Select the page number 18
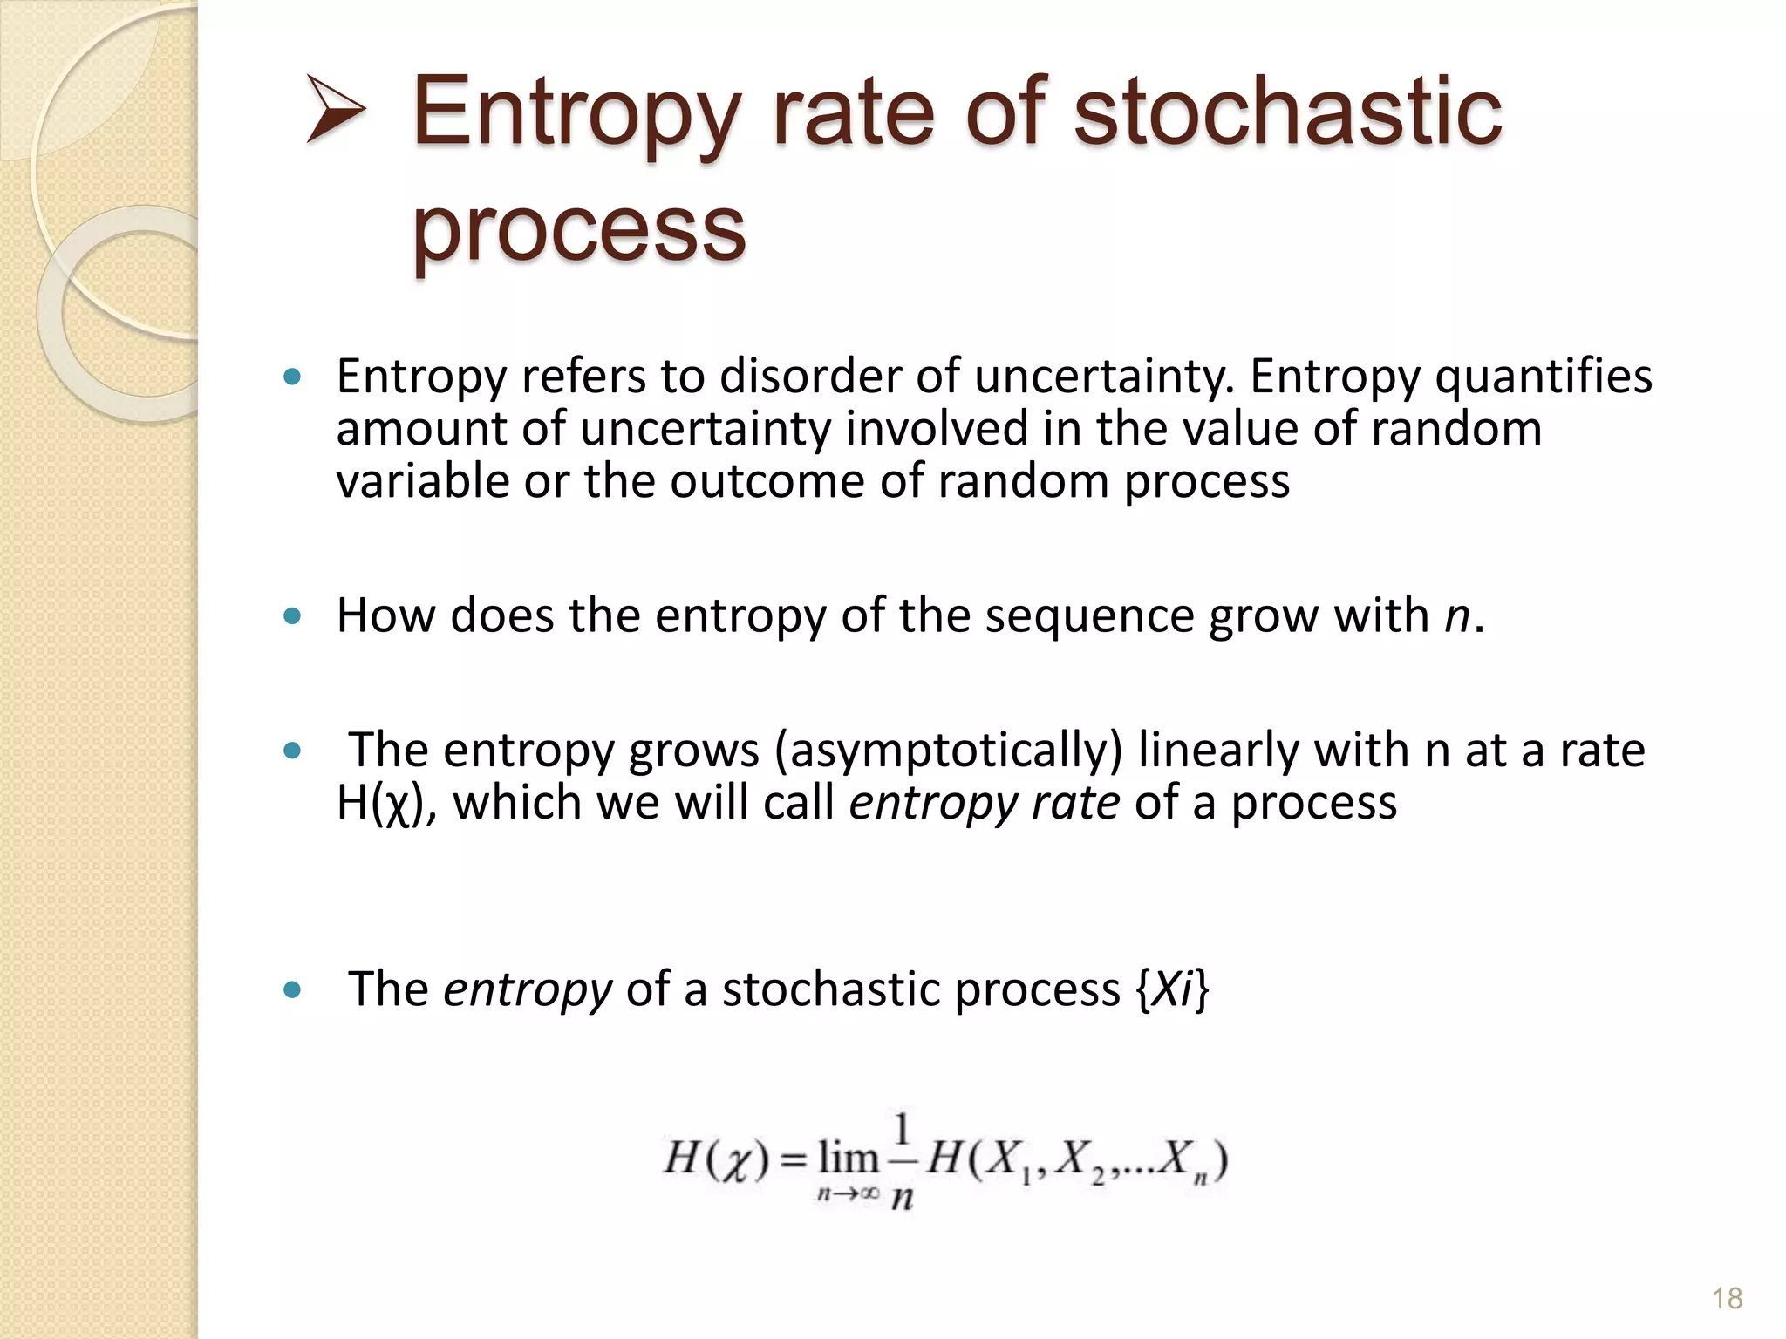(1727, 1299)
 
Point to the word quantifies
(1543, 377)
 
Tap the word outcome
(768, 481)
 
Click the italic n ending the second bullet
(1456, 615)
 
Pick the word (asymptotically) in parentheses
(949, 750)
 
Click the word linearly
(1218, 750)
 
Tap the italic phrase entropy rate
(984, 803)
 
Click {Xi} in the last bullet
(1173, 989)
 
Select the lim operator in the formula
(848, 1159)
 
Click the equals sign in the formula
(794, 1161)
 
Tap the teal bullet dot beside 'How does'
(293, 616)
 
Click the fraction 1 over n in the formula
(903, 1161)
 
